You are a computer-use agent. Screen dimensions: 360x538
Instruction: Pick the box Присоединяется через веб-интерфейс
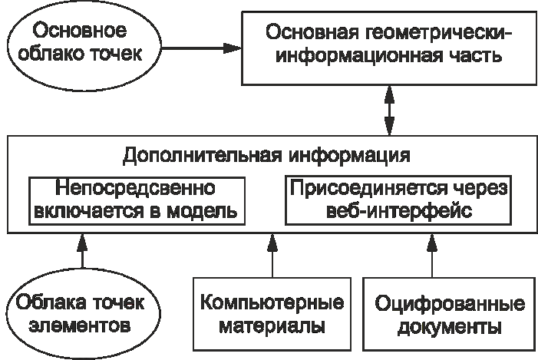[396, 200]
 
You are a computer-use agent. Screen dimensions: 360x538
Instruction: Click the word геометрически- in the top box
[434, 34]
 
